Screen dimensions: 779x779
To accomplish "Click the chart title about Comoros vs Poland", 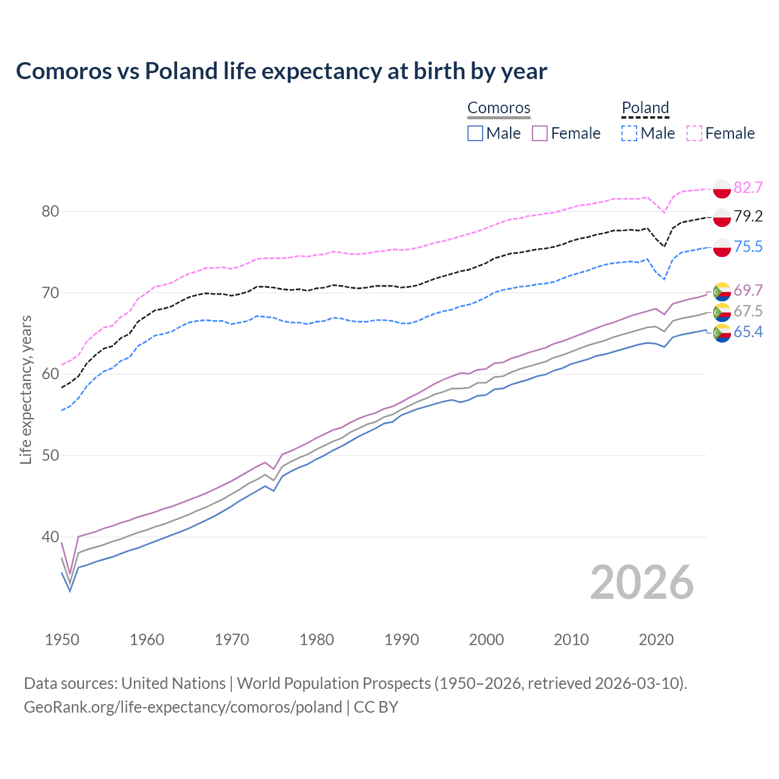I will (x=281, y=71).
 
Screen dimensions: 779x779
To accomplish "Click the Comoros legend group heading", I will (x=498, y=108).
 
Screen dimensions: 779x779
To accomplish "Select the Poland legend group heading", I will (x=645, y=108).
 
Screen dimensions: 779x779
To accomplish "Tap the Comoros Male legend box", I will (x=475, y=133).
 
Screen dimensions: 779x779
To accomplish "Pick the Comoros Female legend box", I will (x=540, y=133).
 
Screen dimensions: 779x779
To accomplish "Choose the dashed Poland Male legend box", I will (x=629, y=133).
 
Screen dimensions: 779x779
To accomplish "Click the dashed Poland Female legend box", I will (x=694, y=133).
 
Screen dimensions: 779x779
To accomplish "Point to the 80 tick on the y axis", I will (x=50, y=211).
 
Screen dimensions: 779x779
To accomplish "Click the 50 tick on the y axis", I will (x=50, y=456).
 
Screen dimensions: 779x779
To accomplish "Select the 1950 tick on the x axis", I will (x=62, y=640).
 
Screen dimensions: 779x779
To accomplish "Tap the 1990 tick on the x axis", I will (x=402, y=640).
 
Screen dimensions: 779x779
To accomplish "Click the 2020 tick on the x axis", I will (x=656, y=640).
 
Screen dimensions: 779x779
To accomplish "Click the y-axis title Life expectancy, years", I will (x=26, y=389).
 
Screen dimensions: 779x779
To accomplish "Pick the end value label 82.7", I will (x=748, y=187).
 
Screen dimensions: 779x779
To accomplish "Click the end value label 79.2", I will (x=748, y=216).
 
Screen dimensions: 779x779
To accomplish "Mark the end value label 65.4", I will (x=748, y=332).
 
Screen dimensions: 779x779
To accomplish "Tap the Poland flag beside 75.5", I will (x=722, y=247).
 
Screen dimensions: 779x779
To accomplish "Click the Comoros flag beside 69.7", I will (x=722, y=292).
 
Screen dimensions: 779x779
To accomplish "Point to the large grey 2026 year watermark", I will (x=641, y=582).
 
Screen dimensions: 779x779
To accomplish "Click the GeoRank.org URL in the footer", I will (x=183, y=707).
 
